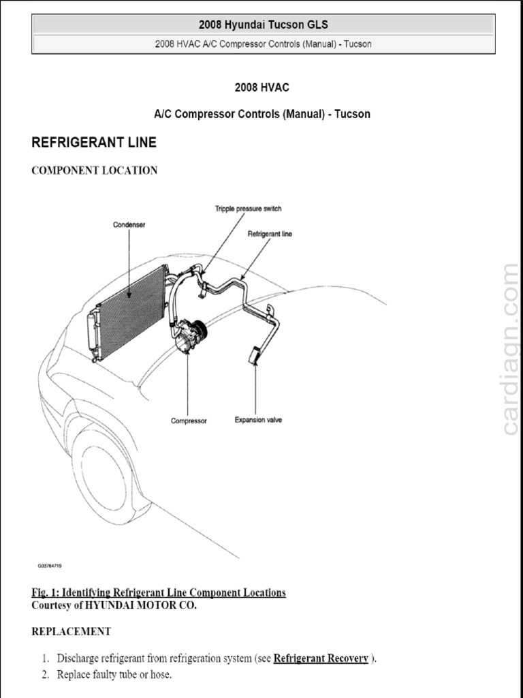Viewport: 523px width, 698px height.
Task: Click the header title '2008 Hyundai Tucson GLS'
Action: click(263, 25)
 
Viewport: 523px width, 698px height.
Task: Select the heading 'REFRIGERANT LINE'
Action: click(94, 142)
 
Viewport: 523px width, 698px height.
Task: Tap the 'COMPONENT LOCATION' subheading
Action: click(95, 170)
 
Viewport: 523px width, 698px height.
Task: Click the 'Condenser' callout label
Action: click(129, 224)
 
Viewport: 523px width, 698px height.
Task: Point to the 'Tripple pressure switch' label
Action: click(248, 209)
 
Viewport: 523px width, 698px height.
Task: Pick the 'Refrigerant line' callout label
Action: click(270, 234)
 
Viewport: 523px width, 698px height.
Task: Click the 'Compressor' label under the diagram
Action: click(189, 421)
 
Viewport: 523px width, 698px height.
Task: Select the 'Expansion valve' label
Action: click(258, 420)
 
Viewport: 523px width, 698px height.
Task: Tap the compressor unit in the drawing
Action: click(189, 336)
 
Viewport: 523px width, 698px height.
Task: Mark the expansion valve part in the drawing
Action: click(254, 356)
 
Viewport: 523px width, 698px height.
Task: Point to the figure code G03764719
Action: click(50, 566)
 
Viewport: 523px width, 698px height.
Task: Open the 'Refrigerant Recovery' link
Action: click(321, 658)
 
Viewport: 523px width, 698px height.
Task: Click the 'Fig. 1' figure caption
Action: click(159, 592)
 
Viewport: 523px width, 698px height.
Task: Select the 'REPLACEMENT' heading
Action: click(71, 631)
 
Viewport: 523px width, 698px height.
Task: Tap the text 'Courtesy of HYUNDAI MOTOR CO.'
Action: click(114, 605)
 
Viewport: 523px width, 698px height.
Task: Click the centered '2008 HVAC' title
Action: click(262, 87)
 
